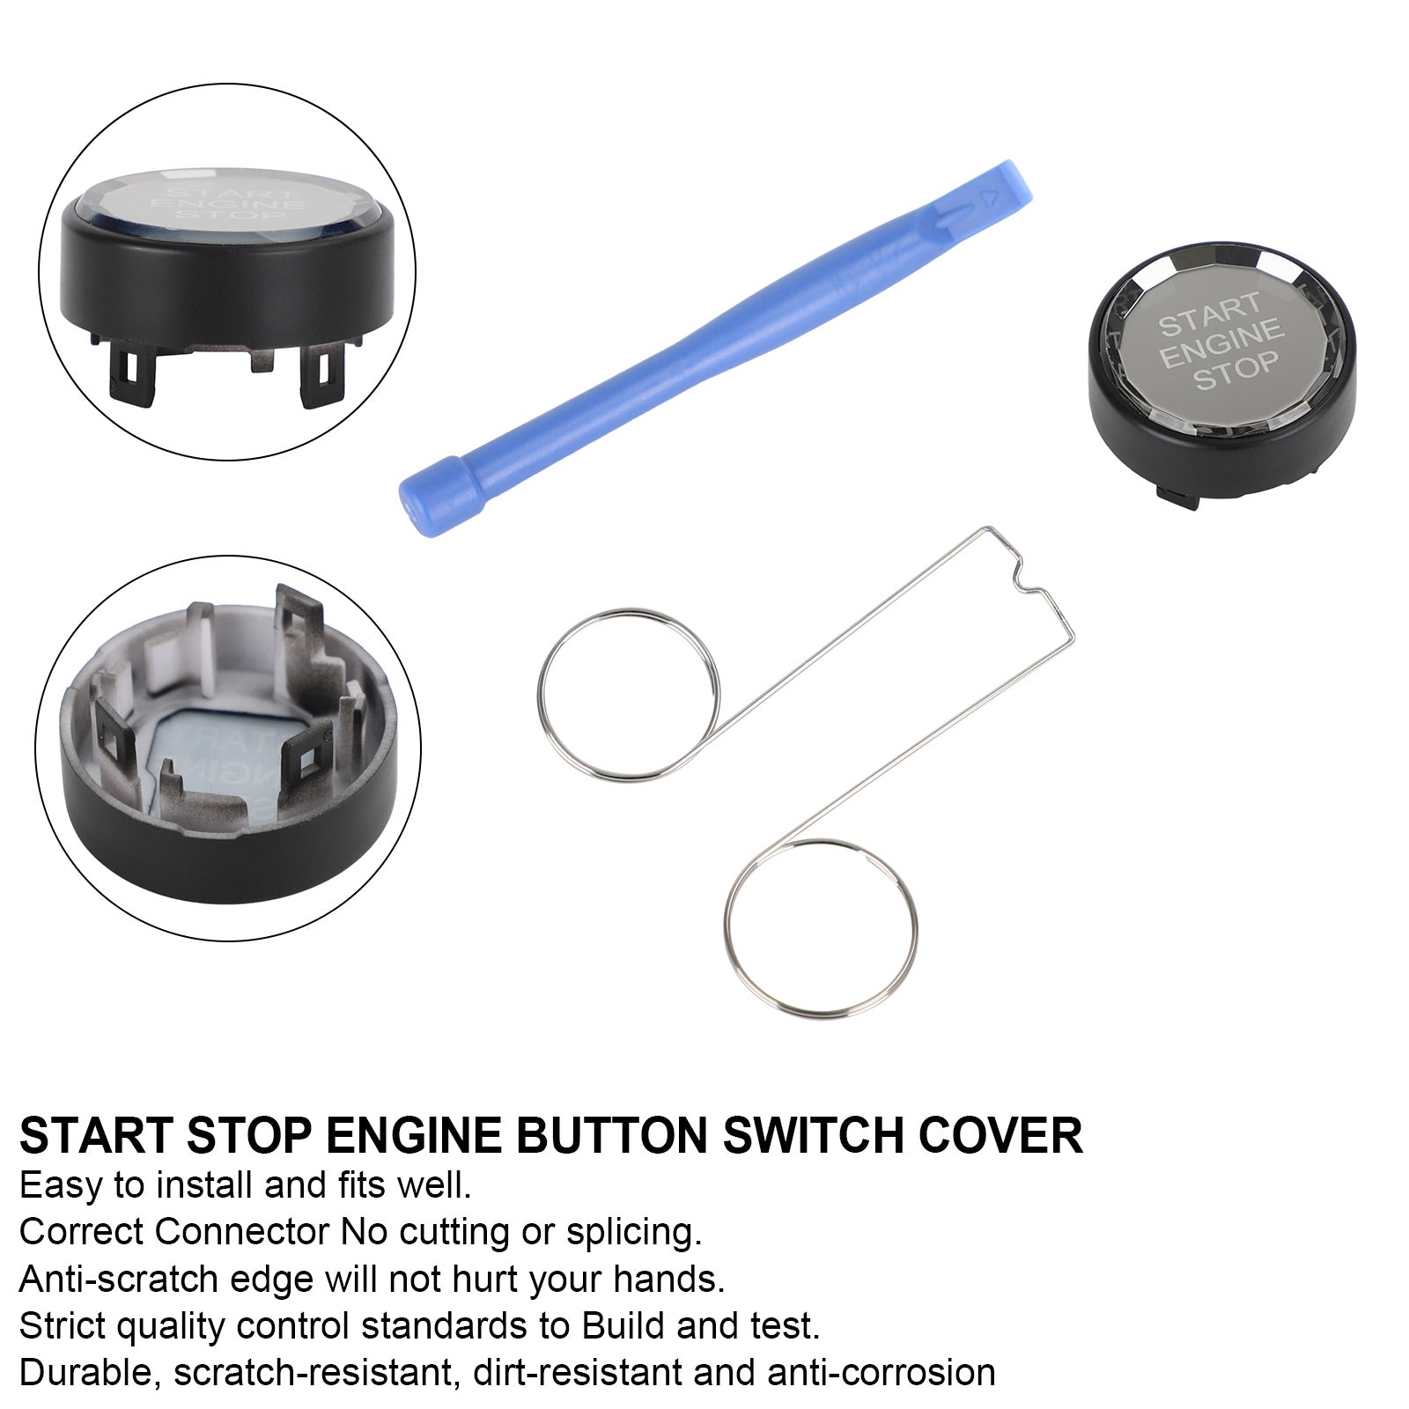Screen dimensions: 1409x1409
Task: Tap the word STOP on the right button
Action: tap(1235, 369)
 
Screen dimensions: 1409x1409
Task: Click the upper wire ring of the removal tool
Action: tap(628, 694)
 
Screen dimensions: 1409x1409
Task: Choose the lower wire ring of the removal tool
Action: tap(821, 928)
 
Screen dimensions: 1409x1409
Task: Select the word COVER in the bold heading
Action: tap(1000, 1135)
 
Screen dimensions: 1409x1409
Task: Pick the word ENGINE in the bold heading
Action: tap(413, 1135)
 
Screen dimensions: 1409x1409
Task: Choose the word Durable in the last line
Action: tap(86, 1373)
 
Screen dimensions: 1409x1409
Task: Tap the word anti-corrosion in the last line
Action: tap(881, 1373)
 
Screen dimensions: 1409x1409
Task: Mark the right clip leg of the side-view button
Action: tap(319, 377)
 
